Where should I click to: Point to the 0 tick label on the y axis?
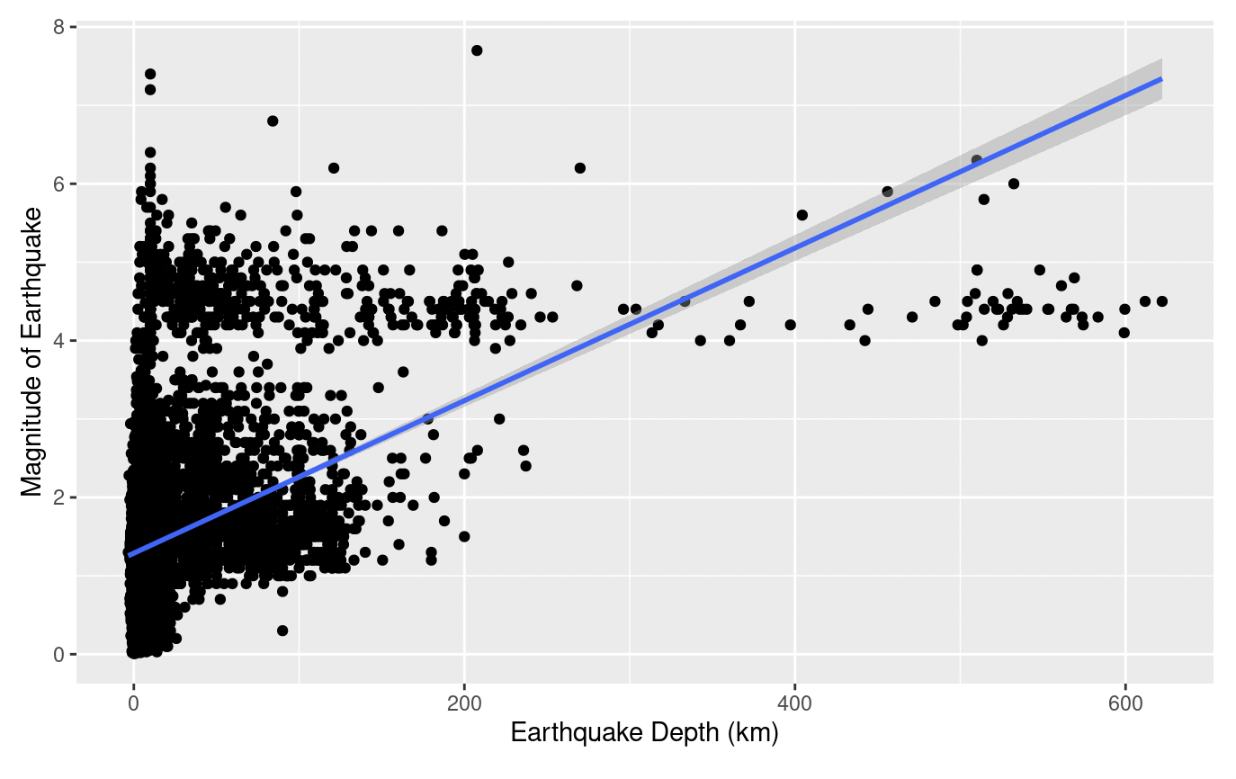[x=59, y=654]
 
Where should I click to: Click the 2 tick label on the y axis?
[x=59, y=497]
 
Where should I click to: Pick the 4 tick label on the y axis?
[x=59, y=341]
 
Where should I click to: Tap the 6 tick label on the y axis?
[x=59, y=184]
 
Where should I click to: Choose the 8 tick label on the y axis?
[x=59, y=28]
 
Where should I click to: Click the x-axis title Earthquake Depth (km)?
[x=644, y=734]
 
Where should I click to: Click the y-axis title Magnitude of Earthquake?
[x=31, y=352]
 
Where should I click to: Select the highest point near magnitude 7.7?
[x=477, y=50]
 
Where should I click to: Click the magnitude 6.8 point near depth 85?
[x=273, y=121]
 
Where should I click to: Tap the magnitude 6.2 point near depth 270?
[x=580, y=168]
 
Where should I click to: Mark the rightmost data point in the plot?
[x=1161, y=301]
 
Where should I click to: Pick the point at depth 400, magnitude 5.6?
[x=802, y=215]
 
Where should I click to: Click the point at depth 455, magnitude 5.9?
[x=887, y=192]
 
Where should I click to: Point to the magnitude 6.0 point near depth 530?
[x=1014, y=184]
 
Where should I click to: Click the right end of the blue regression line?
[x=1161, y=79]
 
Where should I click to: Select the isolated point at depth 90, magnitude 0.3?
[x=282, y=631]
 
